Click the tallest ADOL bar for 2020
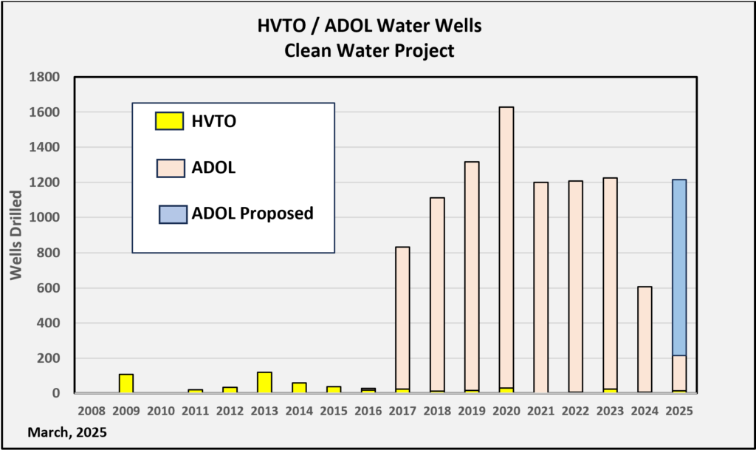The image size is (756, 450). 506,244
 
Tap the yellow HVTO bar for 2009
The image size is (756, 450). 126,383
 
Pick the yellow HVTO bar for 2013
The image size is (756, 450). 264,383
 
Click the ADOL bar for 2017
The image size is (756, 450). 402,318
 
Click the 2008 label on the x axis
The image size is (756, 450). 92,409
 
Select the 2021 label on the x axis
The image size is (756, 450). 540,409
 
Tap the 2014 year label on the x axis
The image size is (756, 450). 299,409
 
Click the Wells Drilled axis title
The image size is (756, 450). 16,235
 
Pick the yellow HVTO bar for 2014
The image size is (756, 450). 299,388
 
